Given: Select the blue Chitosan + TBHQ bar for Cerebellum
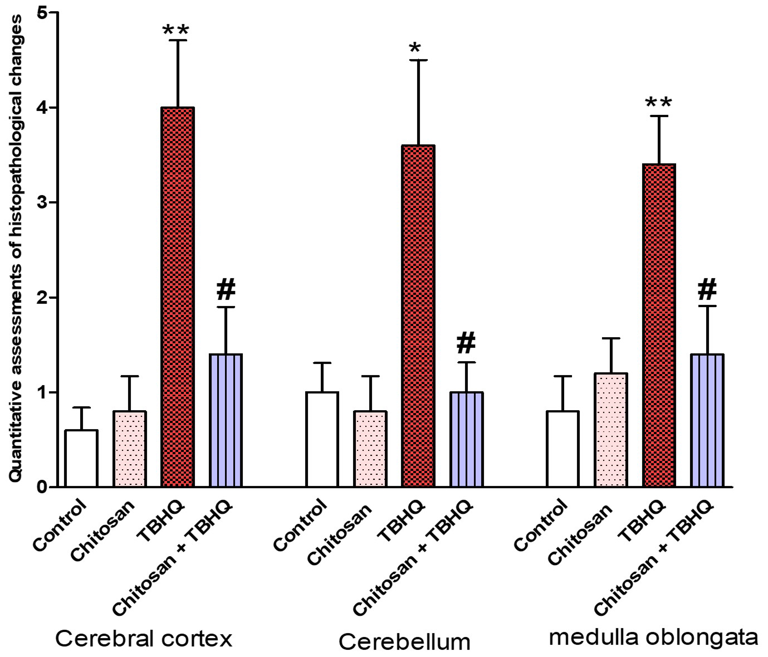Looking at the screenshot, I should coord(466,439).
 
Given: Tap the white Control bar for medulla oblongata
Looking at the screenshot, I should coord(562,449).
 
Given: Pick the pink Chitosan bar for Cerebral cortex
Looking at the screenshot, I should coord(130,449).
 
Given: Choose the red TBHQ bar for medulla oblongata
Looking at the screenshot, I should coord(658,325).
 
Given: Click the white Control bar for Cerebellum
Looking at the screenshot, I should coord(322,439).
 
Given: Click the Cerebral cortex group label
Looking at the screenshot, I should coord(144,639).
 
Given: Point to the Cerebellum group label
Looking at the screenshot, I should coord(404,642).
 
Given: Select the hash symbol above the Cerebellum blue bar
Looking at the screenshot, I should coord(466,343).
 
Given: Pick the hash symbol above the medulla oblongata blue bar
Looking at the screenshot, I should coord(707,289).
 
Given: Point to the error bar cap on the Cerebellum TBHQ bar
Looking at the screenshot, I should coord(418,60).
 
